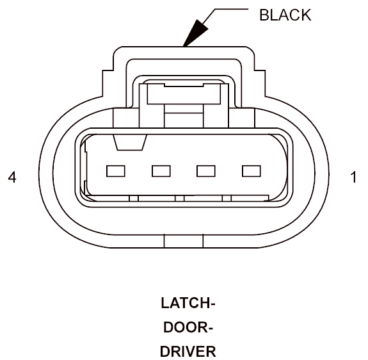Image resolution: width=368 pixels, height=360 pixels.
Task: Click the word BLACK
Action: (x=285, y=15)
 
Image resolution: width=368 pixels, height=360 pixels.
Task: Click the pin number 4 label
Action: (x=12, y=177)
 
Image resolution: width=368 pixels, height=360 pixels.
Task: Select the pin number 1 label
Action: (x=353, y=177)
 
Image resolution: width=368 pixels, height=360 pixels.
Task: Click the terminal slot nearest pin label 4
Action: (x=116, y=171)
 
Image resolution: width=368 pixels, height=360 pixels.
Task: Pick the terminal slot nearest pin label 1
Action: (x=252, y=171)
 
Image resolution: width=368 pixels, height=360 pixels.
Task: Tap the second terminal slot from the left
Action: (x=161, y=171)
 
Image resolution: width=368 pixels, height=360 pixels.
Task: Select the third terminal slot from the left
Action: (x=206, y=171)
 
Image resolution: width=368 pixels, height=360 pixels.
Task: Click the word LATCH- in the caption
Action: (x=188, y=303)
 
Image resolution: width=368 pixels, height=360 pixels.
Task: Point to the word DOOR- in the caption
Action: (x=188, y=327)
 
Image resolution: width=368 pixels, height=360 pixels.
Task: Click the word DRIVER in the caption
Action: (x=188, y=352)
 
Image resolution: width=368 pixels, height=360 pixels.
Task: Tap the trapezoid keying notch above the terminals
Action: (x=130, y=143)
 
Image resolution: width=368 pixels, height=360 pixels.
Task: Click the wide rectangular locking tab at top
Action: (x=184, y=94)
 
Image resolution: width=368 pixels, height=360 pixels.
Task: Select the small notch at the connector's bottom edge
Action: (x=184, y=241)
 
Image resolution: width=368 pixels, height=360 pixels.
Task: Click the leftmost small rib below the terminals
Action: (x=134, y=199)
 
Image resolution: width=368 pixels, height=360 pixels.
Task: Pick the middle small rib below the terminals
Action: (x=180, y=199)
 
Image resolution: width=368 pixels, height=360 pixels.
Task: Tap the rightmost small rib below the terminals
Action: (x=227, y=199)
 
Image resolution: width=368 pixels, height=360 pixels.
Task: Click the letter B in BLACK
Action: (x=264, y=15)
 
